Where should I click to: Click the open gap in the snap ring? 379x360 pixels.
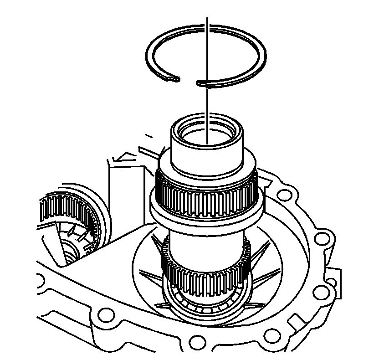pos(187,82)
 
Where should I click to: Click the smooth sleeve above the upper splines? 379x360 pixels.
pos(207,157)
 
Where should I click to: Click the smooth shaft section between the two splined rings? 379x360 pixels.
pos(205,246)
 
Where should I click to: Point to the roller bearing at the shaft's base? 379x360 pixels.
pos(205,308)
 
